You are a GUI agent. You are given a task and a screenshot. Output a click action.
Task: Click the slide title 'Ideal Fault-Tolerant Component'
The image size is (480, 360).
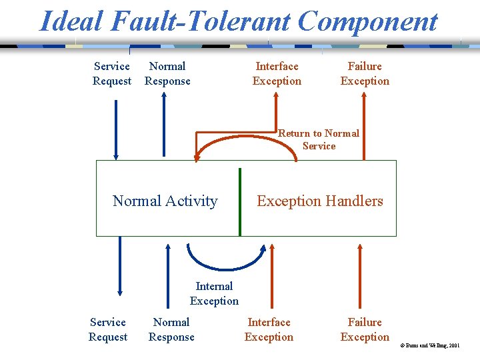pos(239,21)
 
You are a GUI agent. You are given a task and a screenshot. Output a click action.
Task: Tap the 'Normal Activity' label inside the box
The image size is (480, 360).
pos(165,201)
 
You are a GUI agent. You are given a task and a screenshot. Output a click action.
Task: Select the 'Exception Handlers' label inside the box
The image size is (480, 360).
pos(320,201)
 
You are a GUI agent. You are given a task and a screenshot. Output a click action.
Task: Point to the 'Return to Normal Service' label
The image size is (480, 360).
pos(319,139)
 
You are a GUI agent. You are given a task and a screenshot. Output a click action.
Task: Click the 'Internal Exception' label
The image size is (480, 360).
pos(214,293)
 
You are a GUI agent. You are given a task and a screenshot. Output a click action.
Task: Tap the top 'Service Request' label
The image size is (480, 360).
pos(112,73)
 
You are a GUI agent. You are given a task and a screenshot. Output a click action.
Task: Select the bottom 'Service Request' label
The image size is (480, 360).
pos(107,329)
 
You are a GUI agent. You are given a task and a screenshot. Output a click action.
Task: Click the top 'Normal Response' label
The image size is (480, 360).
pos(167,73)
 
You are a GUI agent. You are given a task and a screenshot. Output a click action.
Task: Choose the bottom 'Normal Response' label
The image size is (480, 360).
pos(171,329)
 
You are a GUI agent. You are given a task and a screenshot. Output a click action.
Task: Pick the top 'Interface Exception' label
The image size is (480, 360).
pos(277,73)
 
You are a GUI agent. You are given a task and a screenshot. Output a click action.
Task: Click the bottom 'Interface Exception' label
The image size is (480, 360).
pos(269,329)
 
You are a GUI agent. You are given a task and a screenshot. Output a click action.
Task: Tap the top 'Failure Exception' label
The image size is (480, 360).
pos(365,73)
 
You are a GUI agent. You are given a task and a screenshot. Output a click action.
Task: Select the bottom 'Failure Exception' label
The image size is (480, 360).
pos(365,329)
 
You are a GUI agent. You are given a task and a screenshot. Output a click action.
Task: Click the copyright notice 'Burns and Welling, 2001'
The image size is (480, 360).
pos(429,345)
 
